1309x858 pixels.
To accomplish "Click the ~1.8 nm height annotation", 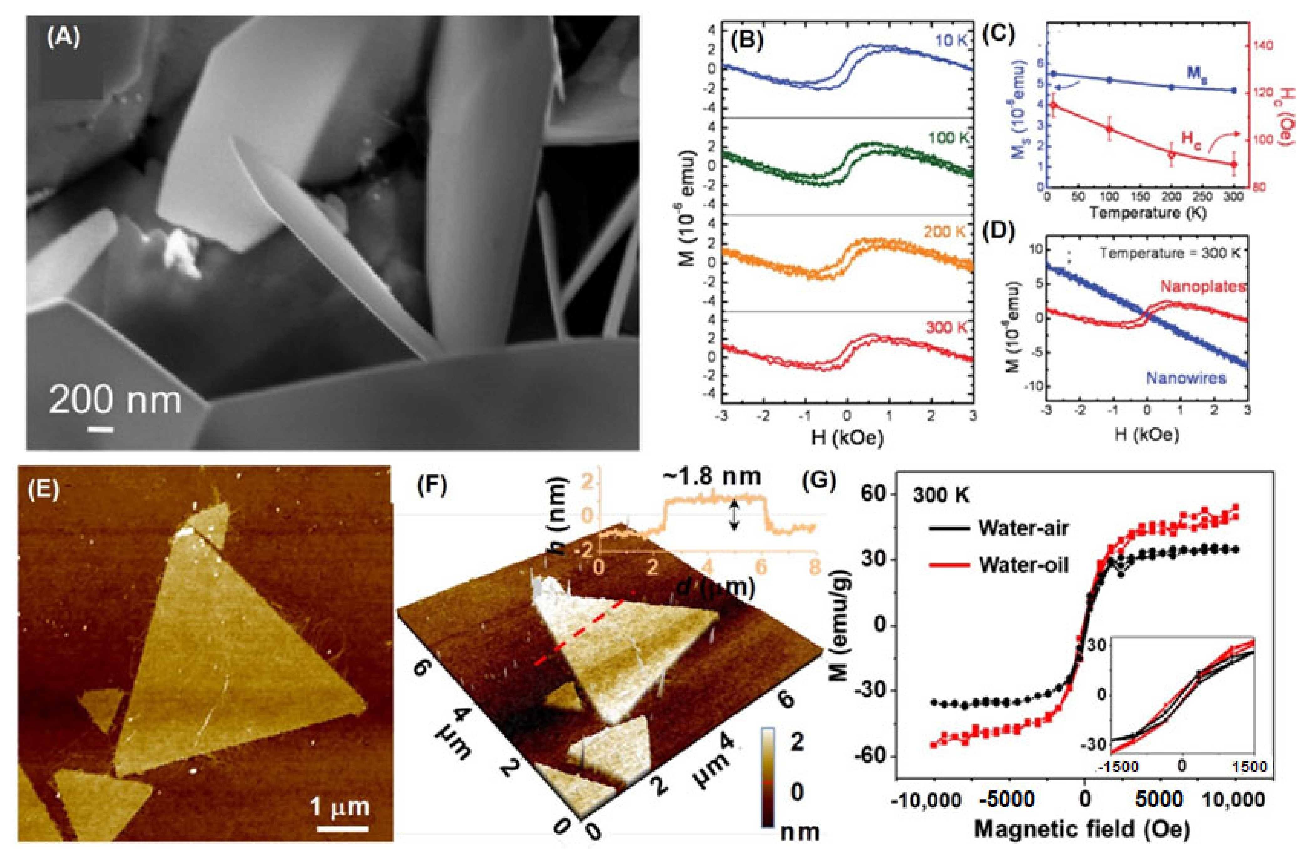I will coord(712,477).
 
